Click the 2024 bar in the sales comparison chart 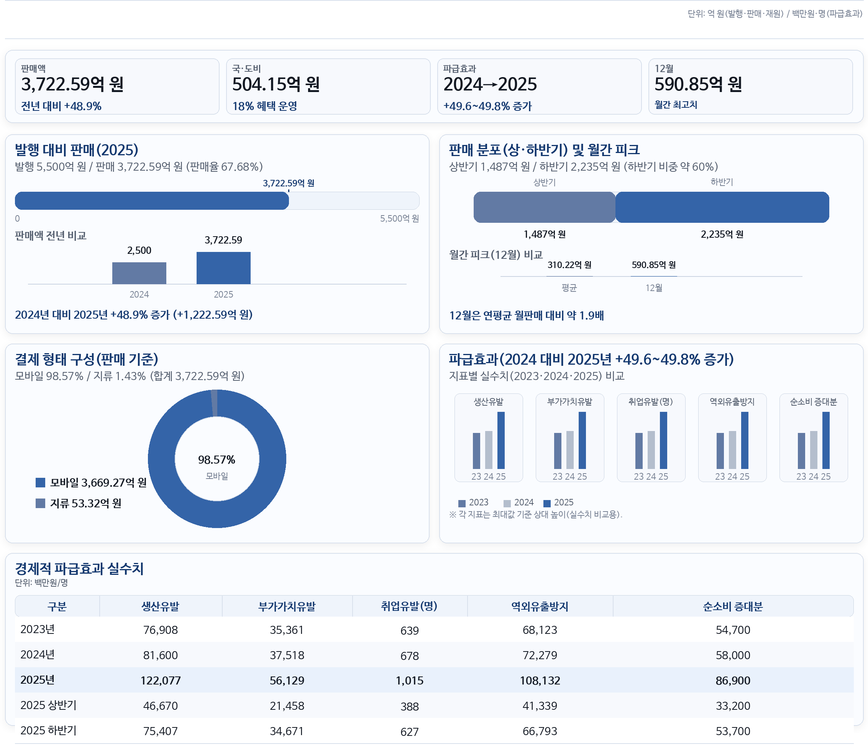(139, 273)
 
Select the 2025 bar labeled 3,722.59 (223, 268)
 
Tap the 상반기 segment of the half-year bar (544, 207)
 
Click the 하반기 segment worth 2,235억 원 (722, 207)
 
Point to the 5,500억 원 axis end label (399, 219)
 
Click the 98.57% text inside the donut (217, 460)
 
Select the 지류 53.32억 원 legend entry (79, 503)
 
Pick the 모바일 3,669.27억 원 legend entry (91, 482)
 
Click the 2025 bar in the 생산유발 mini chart (500, 440)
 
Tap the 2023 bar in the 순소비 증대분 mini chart (801, 451)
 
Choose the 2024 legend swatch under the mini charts (507, 503)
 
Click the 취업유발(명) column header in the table (409, 606)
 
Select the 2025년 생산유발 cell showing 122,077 (161, 680)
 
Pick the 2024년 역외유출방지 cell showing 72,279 (540, 655)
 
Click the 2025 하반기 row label (49, 731)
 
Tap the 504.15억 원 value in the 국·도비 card (276, 84)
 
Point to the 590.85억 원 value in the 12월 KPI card (698, 84)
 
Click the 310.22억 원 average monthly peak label (569, 265)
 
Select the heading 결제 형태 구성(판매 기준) (87, 359)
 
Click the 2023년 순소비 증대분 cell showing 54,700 (733, 630)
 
